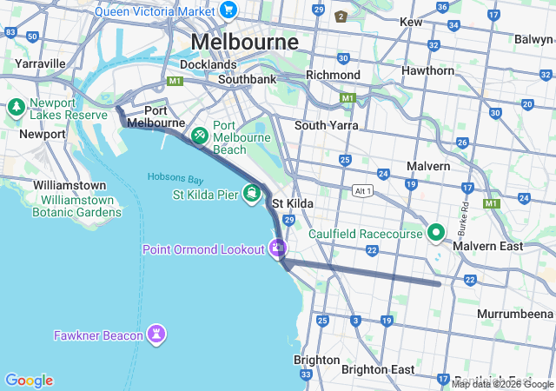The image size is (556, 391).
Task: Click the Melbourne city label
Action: [244, 42]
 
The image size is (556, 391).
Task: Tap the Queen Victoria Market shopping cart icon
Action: [228, 10]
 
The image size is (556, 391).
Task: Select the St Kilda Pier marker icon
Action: [251, 193]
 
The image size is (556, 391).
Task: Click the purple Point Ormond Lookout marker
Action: [277, 249]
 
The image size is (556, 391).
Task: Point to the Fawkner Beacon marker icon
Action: [156, 335]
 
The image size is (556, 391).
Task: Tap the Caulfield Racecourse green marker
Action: [435, 233]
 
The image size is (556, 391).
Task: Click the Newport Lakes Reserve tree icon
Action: [16, 109]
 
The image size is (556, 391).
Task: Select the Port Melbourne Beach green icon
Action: [199, 136]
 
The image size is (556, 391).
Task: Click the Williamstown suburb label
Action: [69, 185]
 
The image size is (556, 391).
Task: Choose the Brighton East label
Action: [378, 369]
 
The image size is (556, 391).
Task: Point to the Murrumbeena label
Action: [515, 313]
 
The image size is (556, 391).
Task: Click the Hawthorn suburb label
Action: [427, 70]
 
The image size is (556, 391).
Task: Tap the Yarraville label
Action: [39, 63]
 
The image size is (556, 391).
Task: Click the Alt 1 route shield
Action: [363, 190]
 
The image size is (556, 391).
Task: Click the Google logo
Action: [29, 381]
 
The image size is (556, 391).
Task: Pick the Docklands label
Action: [208, 64]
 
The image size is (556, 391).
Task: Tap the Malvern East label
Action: [493, 247]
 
